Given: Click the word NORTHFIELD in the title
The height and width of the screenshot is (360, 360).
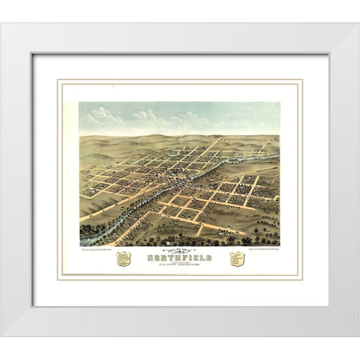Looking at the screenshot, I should [180, 256].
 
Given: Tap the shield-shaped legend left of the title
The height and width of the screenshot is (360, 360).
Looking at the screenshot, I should [123, 259].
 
